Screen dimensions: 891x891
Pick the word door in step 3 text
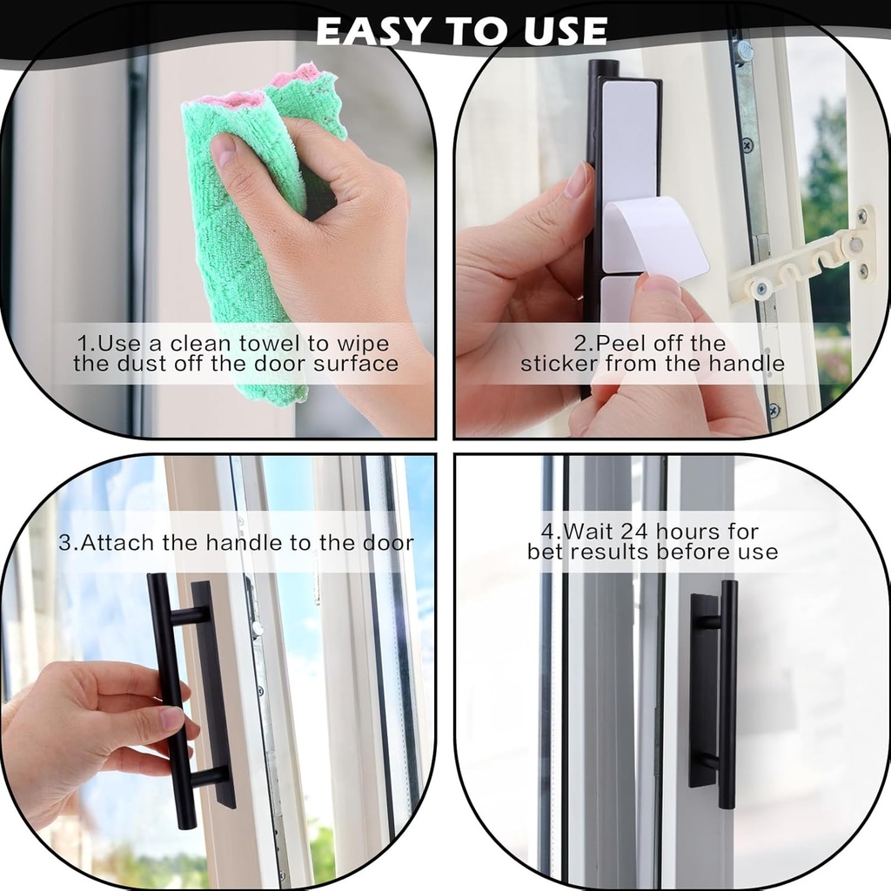(x=389, y=543)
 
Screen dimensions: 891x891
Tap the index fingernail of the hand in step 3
(x=173, y=718)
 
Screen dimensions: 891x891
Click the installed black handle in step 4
(x=727, y=696)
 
